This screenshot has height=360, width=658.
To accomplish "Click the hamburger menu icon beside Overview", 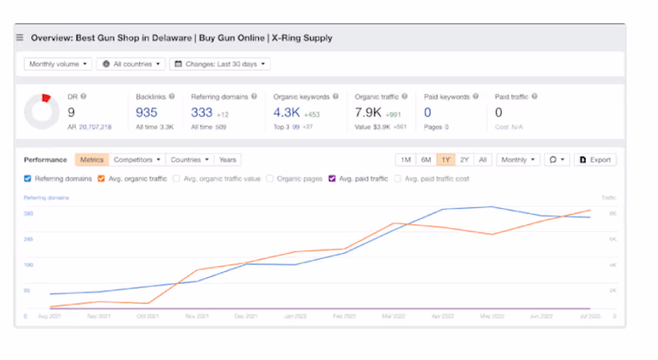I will [20, 38].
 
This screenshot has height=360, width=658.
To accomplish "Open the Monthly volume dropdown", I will [58, 63].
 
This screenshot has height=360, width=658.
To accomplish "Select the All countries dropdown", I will [131, 63].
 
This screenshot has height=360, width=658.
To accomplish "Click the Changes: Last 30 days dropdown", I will [220, 63].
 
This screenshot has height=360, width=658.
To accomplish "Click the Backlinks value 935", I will [146, 113].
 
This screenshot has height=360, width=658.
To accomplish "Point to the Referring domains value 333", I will [202, 113].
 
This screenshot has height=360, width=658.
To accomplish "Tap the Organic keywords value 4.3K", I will [286, 113].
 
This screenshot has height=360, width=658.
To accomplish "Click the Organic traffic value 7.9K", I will [368, 113].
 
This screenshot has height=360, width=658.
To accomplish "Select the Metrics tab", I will [91, 159].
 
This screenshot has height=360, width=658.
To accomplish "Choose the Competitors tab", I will [137, 159].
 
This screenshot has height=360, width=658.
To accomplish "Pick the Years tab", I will [228, 159].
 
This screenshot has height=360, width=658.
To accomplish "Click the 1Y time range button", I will [446, 159].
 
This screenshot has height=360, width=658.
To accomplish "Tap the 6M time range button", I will [425, 159].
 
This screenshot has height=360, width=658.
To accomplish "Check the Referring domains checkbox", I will [28, 178].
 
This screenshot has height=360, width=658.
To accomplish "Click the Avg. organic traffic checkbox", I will [101, 178].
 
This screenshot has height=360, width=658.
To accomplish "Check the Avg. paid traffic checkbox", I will [331, 178].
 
